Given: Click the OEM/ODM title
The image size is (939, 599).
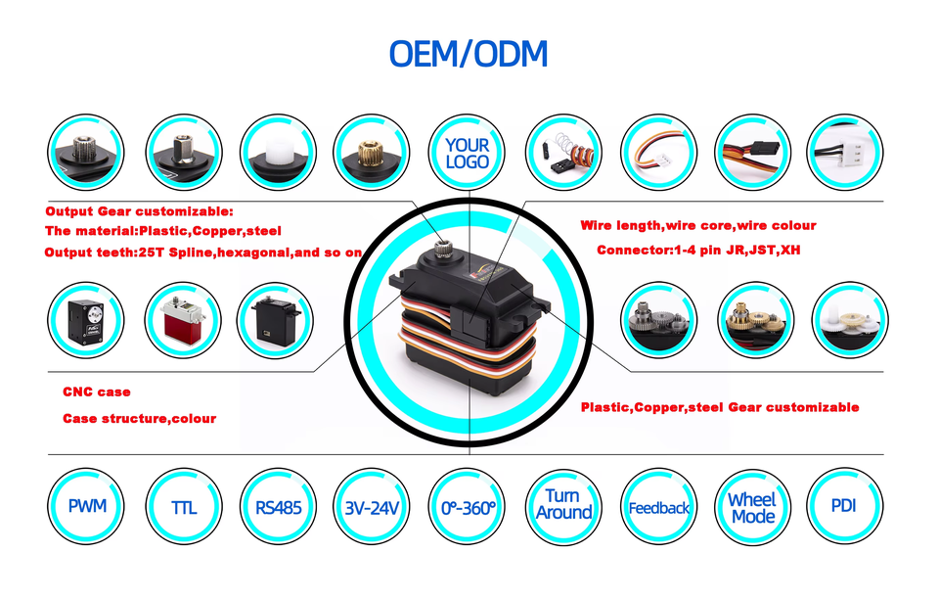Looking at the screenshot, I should point(469,53).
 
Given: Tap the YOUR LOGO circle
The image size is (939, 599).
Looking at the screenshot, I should point(468,153).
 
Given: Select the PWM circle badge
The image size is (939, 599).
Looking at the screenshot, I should point(87,507).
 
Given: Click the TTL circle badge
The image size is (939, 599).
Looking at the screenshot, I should point(183,507).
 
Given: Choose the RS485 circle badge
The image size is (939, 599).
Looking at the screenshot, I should point(279,507).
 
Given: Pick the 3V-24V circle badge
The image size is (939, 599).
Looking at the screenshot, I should point(373,507).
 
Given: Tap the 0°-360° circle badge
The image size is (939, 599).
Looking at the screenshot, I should point(468,507).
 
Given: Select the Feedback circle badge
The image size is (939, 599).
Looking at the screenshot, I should point(659,507).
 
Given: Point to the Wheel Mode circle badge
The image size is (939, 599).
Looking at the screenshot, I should point(753,507).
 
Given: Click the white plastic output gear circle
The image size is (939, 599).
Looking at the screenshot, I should point(279,153).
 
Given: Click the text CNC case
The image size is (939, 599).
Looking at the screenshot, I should point(97,392).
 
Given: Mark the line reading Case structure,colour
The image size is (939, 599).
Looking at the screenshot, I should point(139,418).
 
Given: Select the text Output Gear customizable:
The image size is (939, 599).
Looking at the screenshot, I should point(140,210).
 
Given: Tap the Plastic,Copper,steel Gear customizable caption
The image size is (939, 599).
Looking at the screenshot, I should point(720,406).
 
